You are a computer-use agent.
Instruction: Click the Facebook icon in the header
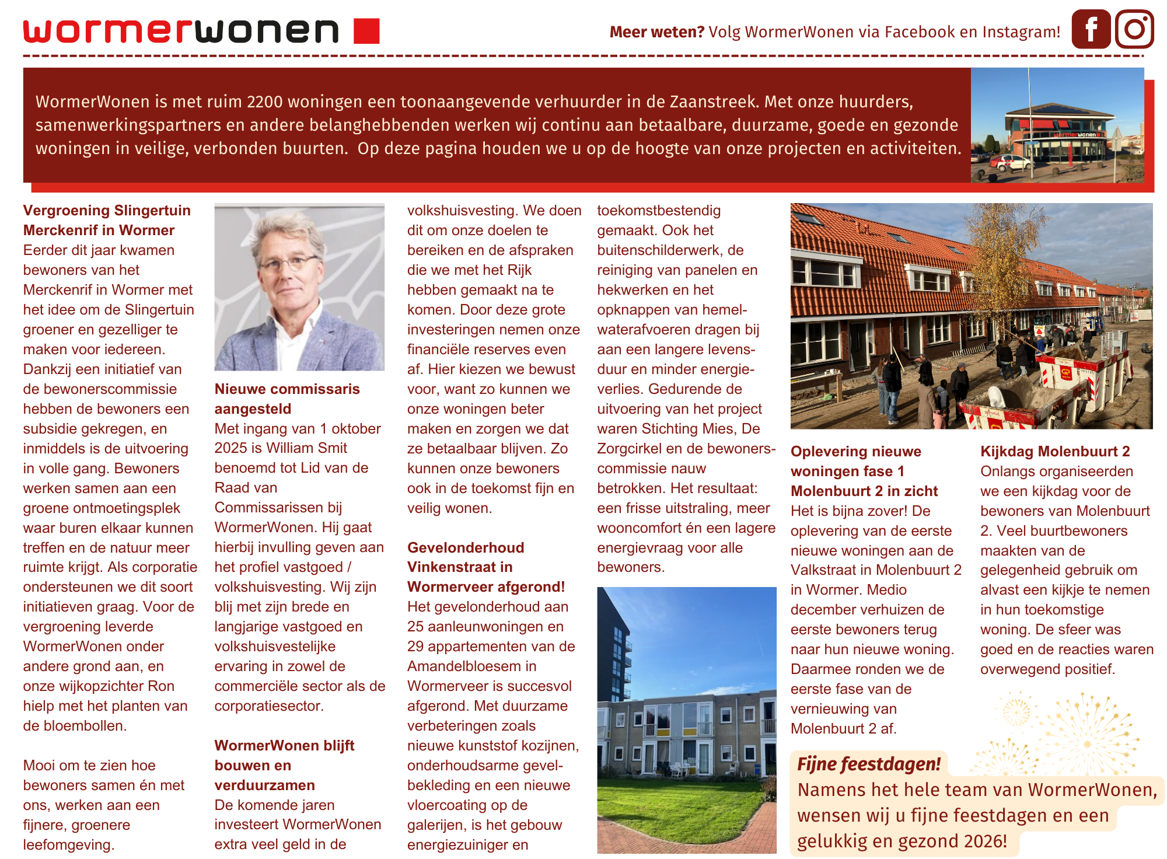pyautogui.click(x=1091, y=29)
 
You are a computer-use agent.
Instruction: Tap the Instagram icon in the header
pyautogui.click(x=1134, y=29)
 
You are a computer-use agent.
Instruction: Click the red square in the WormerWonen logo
pyautogui.click(x=366, y=31)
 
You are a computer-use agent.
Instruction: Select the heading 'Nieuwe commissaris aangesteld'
pyautogui.click(x=287, y=399)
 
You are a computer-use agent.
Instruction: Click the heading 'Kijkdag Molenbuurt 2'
pyautogui.click(x=1055, y=451)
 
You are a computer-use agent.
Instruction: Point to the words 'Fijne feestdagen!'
pyautogui.click(x=869, y=764)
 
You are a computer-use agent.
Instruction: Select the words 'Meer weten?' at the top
pyautogui.click(x=657, y=32)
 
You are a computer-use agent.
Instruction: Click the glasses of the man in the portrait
pyautogui.click(x=289, y=263)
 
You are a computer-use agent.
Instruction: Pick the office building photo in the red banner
pyautogui.click(x=1057, y=125)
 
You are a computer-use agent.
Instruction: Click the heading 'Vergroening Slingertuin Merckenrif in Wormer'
pyautogui.click(x=107, y=220)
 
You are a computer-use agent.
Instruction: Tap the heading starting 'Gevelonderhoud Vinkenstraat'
pyautogui.click(x=485, y=567)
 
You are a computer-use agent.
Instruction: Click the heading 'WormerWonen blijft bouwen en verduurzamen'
pyautogui.click(x=284, y=765)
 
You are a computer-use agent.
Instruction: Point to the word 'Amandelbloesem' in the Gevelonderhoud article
pyautogui.click(x=464, y=666)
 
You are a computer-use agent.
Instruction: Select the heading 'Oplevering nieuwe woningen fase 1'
pyautogui.click(x=864, y=471)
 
